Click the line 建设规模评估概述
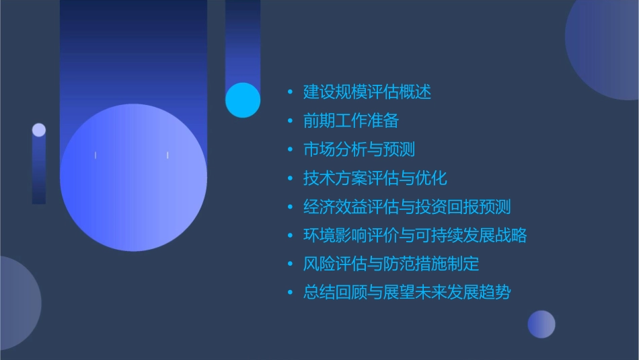click(367, 92)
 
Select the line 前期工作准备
click(351, 121)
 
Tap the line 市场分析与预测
click(359, 149)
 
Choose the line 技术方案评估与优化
click(375, 178)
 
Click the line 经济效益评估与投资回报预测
click(407, 207)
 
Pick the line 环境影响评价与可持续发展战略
click(415, 236)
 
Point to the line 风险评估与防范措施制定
click(391, 264)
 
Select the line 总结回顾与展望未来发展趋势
click(407, 293)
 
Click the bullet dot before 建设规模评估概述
click(290, 92)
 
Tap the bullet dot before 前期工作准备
click(290, 121)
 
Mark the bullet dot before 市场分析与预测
click(290, 149)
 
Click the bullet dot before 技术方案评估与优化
click(290, 178)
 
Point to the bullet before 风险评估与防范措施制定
click(290, 264)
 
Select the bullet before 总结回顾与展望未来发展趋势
click(290, 293)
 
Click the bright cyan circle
click(243, 100)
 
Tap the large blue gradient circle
click(133, 178)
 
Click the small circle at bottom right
click(541, 324)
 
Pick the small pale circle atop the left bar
click(39, 130)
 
